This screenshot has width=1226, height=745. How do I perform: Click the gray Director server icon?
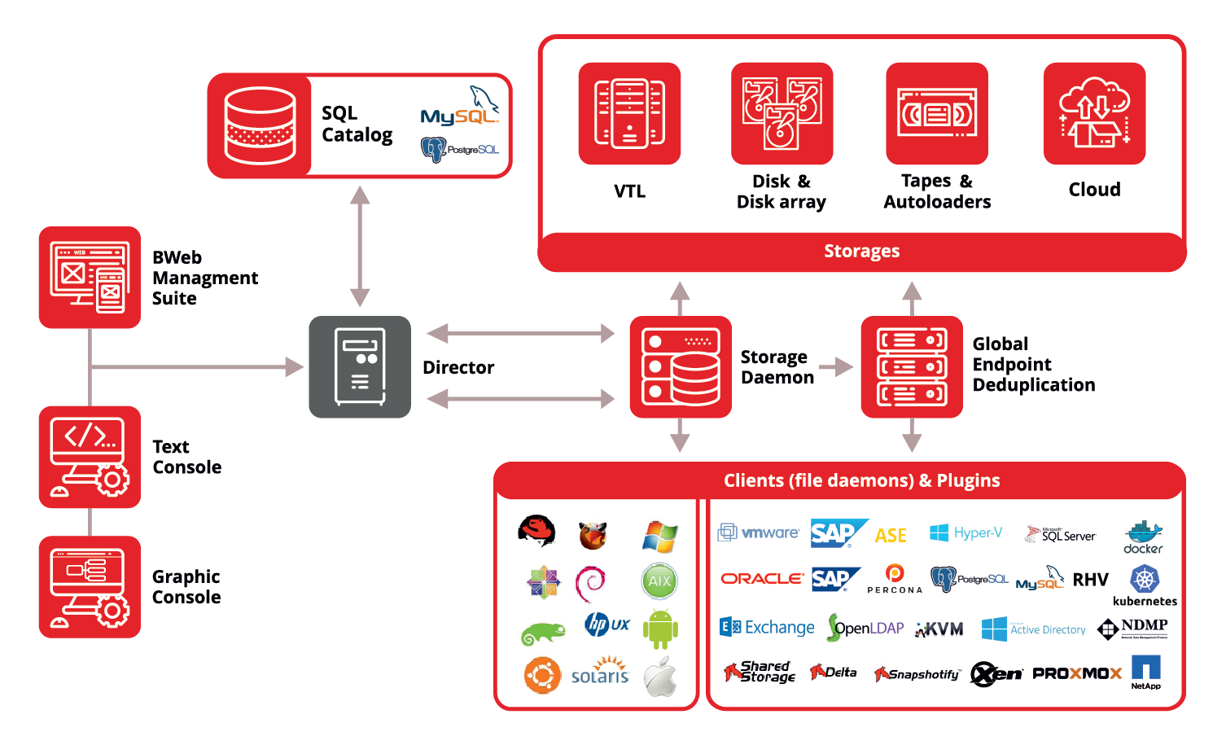360,367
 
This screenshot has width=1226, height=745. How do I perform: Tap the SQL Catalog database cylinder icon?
260,125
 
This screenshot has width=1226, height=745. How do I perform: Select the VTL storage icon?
629,113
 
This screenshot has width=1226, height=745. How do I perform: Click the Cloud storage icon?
1094,113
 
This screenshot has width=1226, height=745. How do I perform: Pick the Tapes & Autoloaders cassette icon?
936,113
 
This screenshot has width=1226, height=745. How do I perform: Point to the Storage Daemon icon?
680,367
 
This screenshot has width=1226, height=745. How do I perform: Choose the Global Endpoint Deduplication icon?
911,367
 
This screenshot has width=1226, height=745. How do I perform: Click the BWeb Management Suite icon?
90,278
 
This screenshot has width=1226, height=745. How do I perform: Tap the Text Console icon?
90,457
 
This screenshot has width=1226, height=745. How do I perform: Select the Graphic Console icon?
90,586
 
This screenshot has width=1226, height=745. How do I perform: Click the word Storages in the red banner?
861,251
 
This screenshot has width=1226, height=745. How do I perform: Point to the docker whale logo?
1143,537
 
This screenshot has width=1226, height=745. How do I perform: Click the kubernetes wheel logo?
1145,579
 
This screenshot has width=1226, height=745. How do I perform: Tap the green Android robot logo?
659,629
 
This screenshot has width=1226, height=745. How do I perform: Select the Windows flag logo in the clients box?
659,537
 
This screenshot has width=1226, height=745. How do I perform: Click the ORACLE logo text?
762,578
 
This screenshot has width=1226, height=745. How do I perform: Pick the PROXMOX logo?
1076,673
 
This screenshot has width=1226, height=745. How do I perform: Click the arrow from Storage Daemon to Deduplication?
836,367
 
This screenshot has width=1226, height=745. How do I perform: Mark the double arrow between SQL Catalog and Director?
360,246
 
